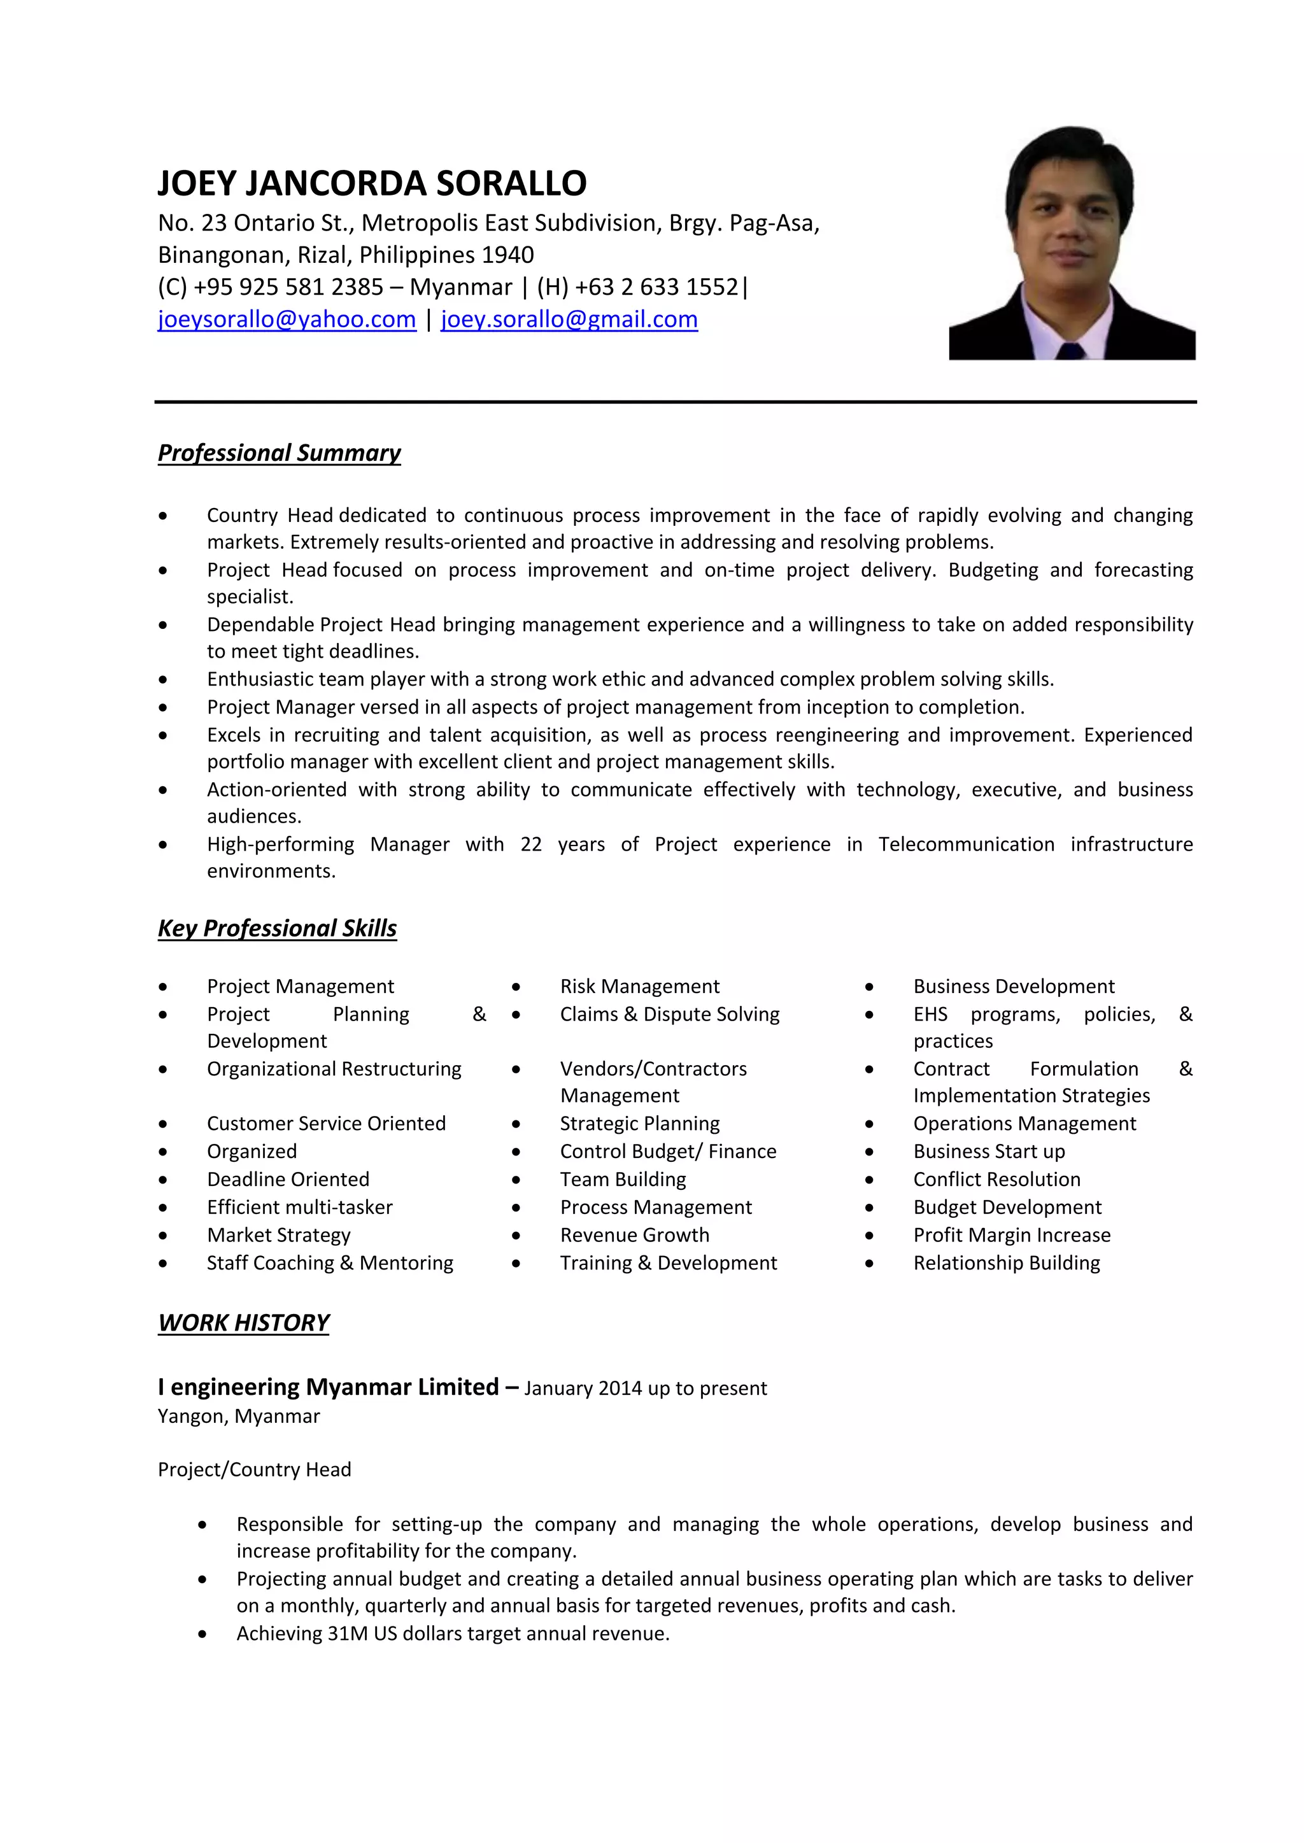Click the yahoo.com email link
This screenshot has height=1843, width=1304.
[287, 320]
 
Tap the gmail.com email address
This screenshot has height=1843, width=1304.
[569, 320]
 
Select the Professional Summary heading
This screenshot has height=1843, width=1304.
[279, 453]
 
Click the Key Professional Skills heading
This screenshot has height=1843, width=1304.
[277, 929]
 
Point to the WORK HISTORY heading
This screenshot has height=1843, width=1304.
[243, 1324]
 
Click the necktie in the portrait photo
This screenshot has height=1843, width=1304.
[1071, 351]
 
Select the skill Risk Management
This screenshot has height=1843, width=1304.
[639, 987]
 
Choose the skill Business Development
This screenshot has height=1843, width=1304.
[1013, 987]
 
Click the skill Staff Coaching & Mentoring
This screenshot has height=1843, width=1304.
[330, 1264]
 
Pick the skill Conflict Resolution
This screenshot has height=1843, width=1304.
[996, 1180]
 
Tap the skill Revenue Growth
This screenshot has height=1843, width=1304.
[634, 1236]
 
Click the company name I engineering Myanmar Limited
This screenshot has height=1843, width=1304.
[329, 1388]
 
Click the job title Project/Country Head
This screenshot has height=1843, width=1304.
[255, 1470]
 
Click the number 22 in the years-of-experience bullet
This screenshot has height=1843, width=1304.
[531, 844]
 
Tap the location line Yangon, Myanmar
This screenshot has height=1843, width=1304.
[239, 1416]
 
